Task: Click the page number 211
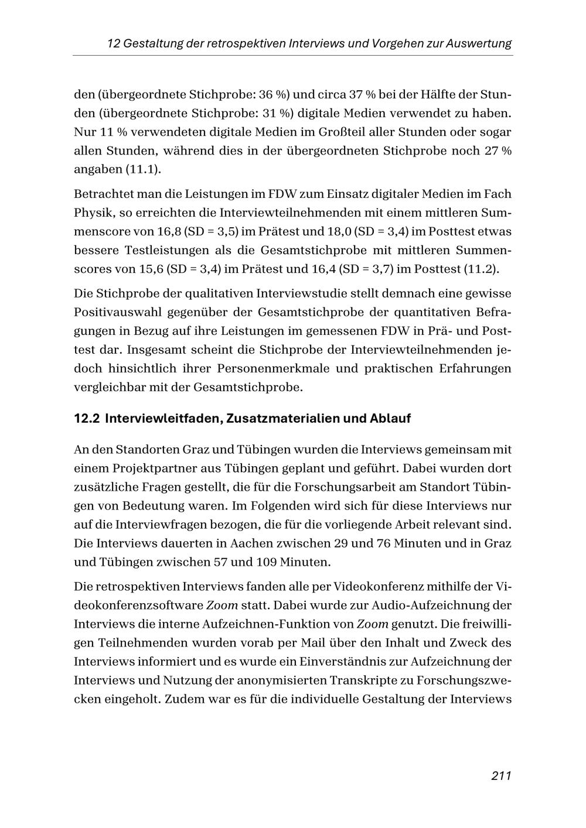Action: coord(501,776)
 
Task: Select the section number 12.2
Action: coord(87,419)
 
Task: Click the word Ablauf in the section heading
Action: coord(390,419)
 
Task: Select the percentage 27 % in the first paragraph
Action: coord(498,150)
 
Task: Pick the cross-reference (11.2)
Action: coord(482,269)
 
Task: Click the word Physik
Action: coord(91,213)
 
